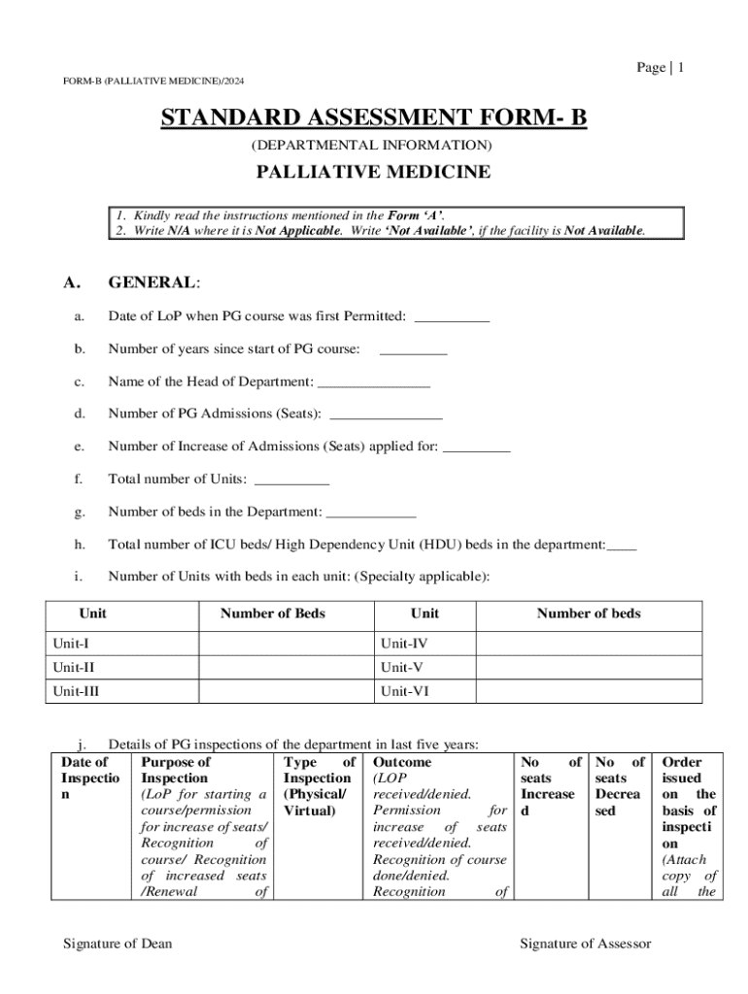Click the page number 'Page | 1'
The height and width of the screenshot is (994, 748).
[661, 67]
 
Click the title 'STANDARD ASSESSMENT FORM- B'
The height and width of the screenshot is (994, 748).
[373, 118]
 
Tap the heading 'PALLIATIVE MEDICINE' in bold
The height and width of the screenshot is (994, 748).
[373, 173]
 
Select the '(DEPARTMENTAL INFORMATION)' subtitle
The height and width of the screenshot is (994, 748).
[373, 146]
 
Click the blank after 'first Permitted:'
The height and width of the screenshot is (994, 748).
[452, 317]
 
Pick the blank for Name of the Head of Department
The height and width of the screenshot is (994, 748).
[374, 382]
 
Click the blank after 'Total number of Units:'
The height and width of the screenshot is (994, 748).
[291, 480]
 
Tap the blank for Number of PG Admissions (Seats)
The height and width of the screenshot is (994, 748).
[386, 414]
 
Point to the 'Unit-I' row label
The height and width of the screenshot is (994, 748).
[72, 643]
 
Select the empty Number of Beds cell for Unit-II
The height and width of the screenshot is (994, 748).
[287, 667]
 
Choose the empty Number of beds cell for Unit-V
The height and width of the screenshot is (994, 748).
[589, 667]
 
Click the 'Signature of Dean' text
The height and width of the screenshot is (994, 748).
[118, 944]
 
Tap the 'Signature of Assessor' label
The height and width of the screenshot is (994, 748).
[585, 944]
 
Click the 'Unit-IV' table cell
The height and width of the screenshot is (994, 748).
[404, 643]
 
